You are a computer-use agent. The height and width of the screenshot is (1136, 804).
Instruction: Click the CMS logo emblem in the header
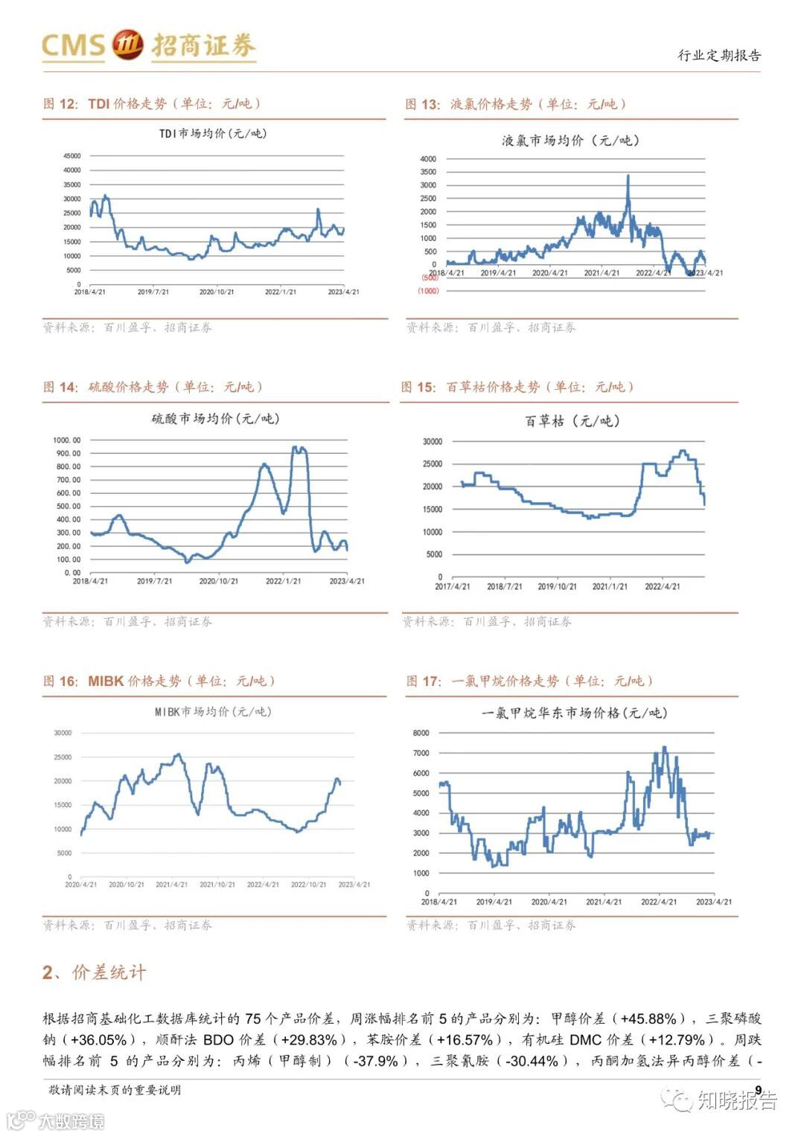tap(127, 45)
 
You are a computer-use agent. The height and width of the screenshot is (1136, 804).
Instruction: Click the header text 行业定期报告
tap(719, 55)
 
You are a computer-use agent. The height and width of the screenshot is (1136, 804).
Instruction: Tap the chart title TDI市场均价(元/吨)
tap(213, 134)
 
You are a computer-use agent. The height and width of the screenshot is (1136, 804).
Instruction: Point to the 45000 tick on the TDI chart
tap(72, 156)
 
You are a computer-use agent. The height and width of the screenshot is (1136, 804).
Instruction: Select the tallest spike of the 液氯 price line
tap(628, 176)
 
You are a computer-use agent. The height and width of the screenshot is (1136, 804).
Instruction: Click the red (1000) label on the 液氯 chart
tap(429, 291)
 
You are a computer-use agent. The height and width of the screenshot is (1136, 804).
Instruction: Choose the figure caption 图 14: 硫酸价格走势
tap(153, 387)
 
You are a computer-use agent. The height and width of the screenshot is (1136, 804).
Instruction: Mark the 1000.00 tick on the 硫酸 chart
tap(67, 440)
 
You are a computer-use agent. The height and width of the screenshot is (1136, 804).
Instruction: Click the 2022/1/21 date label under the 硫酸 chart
tap(283, 581)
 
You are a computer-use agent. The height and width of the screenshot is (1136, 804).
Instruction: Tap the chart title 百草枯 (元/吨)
tap(572, 421)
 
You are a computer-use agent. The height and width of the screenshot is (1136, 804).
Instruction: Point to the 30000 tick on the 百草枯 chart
tap(433, 442)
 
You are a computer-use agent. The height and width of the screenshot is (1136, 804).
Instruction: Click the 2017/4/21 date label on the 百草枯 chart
tap(452, 586)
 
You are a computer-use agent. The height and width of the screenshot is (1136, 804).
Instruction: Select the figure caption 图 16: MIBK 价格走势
tap(159, 681)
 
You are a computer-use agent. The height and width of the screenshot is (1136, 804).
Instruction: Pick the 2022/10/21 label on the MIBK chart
tap(308, 885)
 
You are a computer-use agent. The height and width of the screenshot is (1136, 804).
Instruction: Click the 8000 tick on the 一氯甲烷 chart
tap(421, 733)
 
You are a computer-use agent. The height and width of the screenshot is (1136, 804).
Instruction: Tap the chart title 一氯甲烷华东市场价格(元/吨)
tap(574, 713)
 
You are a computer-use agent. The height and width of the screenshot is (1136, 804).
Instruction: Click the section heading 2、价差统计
tap(95, 972)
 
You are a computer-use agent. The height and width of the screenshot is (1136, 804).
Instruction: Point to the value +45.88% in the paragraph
tap(648, 1018)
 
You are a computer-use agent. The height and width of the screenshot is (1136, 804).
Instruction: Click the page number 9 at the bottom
tap(758, 1090)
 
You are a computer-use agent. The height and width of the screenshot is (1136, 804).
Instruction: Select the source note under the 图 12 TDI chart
tap(127, 327)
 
